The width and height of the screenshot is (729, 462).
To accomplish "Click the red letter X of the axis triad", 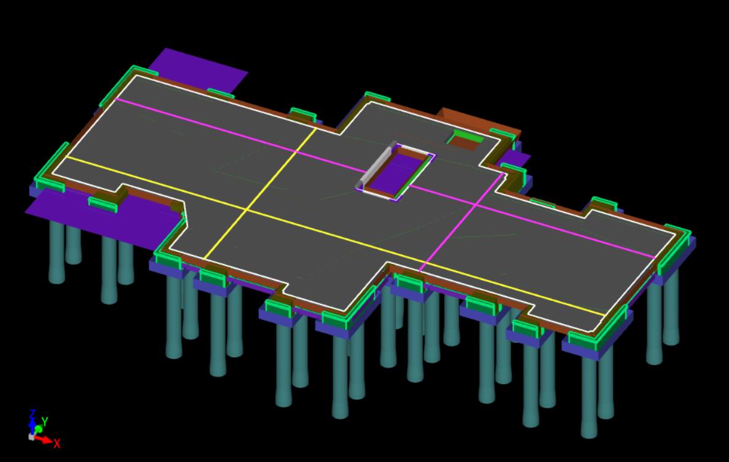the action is pos(56,444).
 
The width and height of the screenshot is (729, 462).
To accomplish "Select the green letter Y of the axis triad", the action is pos(45,422).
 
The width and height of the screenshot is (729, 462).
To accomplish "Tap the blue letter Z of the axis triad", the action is pos(33,414).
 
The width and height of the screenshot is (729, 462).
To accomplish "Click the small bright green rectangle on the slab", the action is pos(468,137).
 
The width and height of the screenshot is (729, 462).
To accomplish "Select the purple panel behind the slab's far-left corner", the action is pos(199,68).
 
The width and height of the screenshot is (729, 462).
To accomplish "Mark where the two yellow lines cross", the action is pos(246,211).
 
